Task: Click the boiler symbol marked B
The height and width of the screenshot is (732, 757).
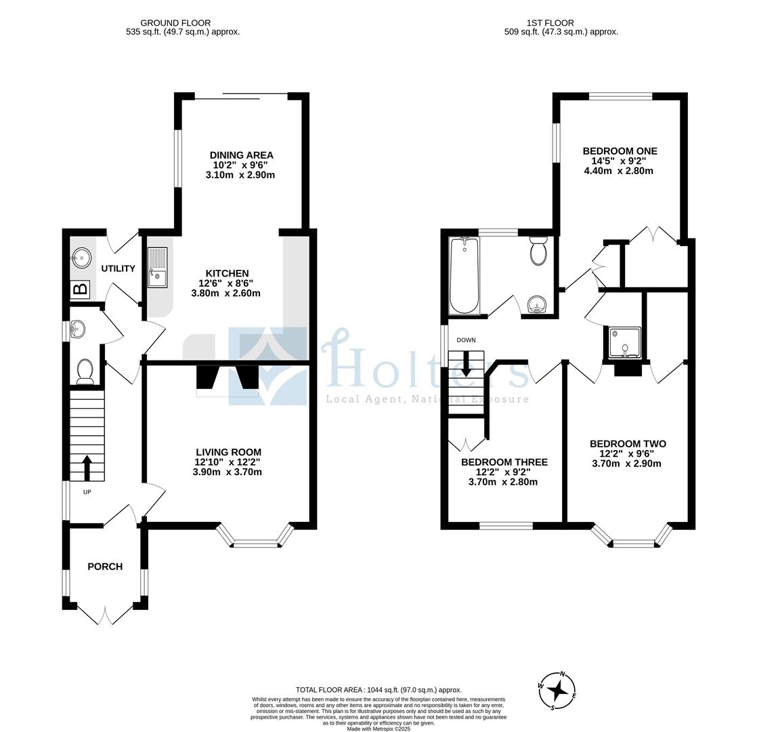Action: tap(80, 289)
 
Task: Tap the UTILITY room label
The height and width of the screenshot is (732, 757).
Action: tap(118, 268)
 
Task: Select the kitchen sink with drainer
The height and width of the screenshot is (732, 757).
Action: tap(157, 267)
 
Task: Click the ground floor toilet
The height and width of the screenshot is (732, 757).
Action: tap(85, 371)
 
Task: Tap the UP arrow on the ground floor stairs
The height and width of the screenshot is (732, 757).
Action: tap(87, 468)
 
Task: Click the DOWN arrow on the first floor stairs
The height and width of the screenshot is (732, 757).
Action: tap(466, 364)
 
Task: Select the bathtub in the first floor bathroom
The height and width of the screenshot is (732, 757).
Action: tap(464, 275)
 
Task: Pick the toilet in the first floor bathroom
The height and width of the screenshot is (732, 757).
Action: tap(538, 250)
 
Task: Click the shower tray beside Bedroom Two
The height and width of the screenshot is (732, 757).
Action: tap(625, 343)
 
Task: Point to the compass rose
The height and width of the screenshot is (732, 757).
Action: tap(557, 691)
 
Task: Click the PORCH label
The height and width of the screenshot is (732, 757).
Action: tap(105, 566)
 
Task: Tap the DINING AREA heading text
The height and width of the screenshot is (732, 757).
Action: tap(242, 155)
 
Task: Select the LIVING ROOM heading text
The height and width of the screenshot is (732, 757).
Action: tap(228, 452)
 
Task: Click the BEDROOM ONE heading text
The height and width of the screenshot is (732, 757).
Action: tap(620, 150)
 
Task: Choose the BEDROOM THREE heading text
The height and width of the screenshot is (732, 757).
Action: tap(504, 462)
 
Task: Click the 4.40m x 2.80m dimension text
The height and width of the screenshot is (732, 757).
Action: tap(618, 171)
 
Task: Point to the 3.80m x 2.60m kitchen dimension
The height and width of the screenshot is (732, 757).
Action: tap(226, 293)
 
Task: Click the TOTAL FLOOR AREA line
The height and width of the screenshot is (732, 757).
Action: tap(378, 690)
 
